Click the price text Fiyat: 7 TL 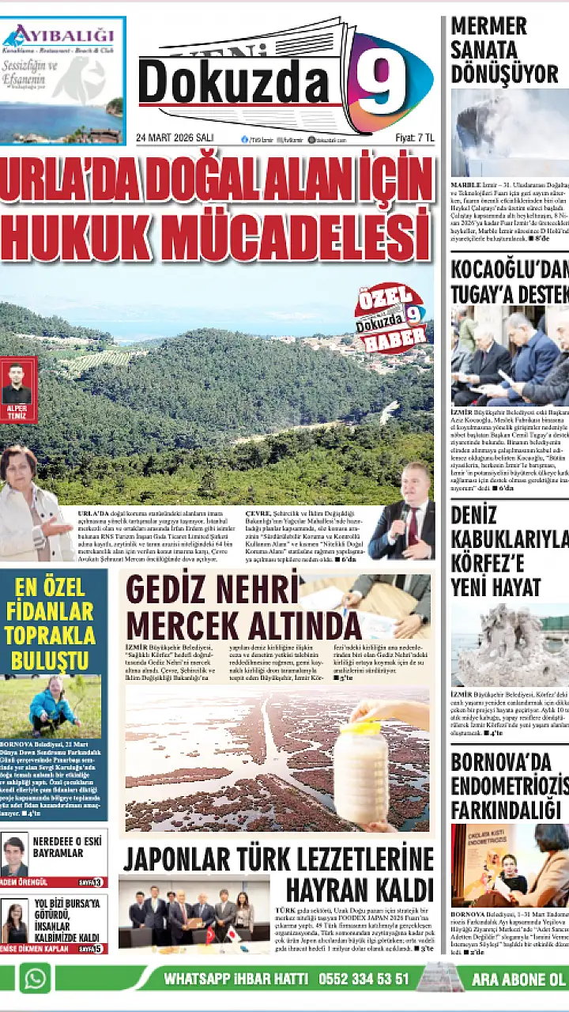(x=414, y=138)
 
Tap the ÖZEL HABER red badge (x=390, y=319)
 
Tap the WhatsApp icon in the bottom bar (x=35, y=978)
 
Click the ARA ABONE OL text (x=518, y=979)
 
